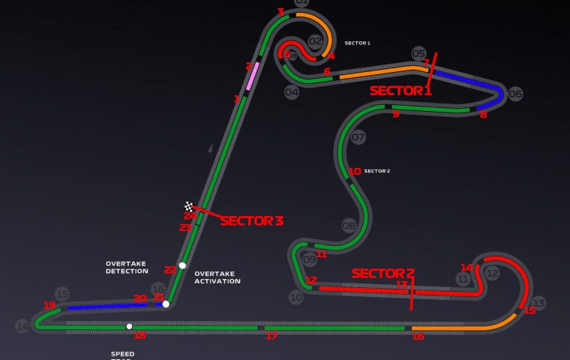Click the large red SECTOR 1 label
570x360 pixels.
(400, 91)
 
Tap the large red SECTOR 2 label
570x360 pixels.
(383, 274)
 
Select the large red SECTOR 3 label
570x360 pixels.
(251, 221)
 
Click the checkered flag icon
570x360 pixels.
(190, 206)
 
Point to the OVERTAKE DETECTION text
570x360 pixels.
(127, 267)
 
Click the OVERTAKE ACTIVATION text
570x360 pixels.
(217, 277)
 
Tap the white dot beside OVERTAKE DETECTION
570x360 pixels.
(182, 265)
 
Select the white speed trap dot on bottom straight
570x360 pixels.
(129, 326)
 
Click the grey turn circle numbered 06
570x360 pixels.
(515, 94)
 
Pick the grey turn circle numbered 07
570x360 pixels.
(358, 137)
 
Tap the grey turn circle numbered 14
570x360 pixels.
(22, 326)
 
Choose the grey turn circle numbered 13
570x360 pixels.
(538, 303)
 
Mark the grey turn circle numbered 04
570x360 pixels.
(292, 92)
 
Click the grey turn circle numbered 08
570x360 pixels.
(349, 225)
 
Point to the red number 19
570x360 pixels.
(49, 305)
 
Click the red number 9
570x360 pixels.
(395, 114)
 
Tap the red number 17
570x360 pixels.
(271, 336)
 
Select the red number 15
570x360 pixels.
(530, 310)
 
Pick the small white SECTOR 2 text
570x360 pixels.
(377, 171)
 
